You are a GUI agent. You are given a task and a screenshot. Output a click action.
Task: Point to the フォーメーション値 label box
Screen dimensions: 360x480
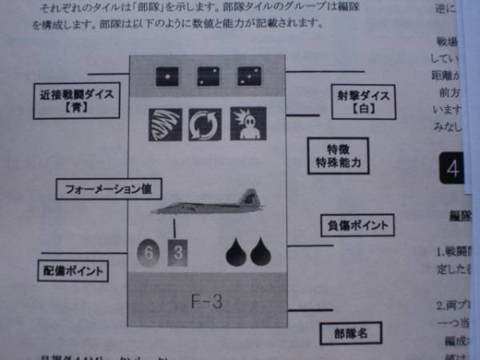point(109,190)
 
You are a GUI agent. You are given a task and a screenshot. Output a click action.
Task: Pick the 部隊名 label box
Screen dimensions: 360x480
point(350,331)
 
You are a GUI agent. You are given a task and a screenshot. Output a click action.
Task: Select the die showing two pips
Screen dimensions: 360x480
point(209,77)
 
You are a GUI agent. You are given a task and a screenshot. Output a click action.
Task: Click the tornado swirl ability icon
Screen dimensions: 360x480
point(165,124)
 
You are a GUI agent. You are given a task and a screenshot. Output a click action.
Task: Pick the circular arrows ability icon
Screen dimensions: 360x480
point(205,125)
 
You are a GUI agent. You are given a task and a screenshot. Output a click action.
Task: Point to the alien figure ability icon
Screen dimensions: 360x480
point(246,123)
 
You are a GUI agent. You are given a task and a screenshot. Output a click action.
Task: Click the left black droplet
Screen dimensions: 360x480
point(238,251)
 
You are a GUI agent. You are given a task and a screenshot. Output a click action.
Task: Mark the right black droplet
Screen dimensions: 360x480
point(262,251)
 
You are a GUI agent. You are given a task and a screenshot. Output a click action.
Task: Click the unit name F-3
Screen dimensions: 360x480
point(206,302)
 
